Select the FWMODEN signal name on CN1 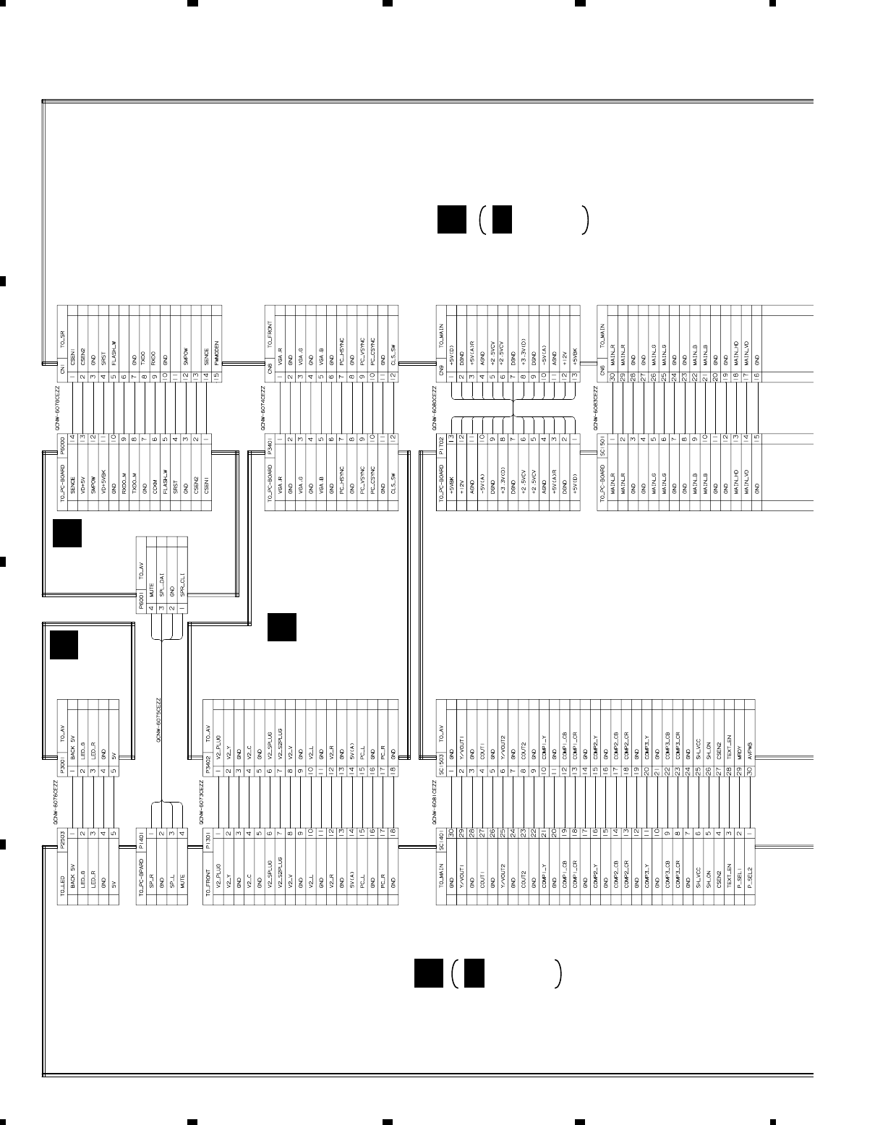(x=216, y=353)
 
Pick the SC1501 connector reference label (x=602, y=442)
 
